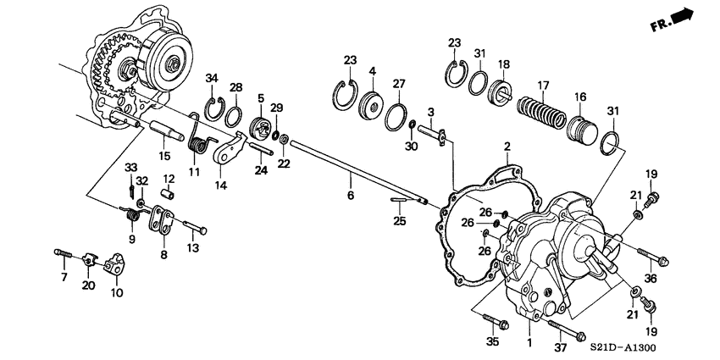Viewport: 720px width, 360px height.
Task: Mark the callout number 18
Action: tap(503, 64)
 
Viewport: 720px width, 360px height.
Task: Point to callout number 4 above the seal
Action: tap(372, 71)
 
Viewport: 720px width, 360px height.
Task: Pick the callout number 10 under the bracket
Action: tap(116, 293)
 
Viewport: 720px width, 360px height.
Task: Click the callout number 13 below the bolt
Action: tap(192, 248)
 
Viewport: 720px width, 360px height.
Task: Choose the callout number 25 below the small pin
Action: tap(400, 221)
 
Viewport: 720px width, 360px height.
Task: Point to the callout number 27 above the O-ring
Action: tap(399, 84)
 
